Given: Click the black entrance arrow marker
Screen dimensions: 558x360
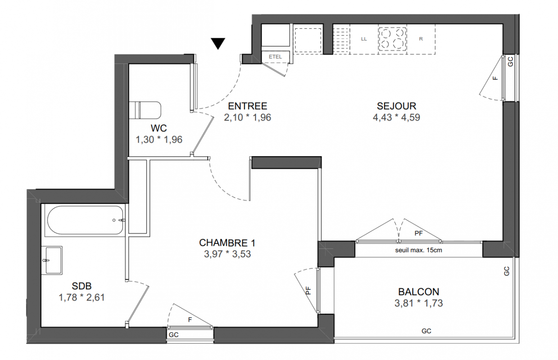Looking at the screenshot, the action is pyautogui.click(x=218, y=43).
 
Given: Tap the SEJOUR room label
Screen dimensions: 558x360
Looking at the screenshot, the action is pyautogui.click(x=396, y=106).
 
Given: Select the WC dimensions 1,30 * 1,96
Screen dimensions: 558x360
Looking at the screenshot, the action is pyautogui.click(x=159, y=139).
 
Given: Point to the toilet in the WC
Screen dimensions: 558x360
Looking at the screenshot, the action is pyautogui.click(x=145, y=110).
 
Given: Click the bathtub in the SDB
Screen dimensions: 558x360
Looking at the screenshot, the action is pyautogui.click(x=85, y=220).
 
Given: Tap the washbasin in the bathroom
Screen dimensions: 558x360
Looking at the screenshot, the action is pyautogui.click(x=52, y=261).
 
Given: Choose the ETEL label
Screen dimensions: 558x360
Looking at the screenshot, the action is pyautogui.click(x=275, y=57).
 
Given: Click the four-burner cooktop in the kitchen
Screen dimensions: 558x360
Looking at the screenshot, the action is pyautogui.click(x=392, y=39).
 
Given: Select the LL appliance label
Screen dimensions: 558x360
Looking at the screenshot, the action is pyautogui.click(x=364, y=39).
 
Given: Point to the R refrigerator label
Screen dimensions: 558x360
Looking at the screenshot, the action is pyautogui.click(x=421, y=39).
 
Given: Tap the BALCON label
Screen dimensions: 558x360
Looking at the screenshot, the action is pyautogui.click(x=419, y=292).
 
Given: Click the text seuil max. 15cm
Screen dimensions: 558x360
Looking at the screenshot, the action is pyautogui.click(x=418, y=250).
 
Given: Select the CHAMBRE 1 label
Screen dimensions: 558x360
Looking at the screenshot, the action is pyautogui.click(x=227, y=243).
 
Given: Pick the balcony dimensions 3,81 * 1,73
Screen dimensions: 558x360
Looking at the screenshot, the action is pyautogui.click(x=419, y=303).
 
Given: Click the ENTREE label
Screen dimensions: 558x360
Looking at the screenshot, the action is pyautogui.click(x=248, y=106).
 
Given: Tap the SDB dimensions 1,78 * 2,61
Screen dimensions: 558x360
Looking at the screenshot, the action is pyautogui.click(x=82, y=297).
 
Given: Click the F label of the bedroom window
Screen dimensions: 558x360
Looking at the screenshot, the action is pyautogui.click(x=190, y=319).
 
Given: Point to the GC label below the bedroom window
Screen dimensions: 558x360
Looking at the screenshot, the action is pyautogui.click(x=174, y=335).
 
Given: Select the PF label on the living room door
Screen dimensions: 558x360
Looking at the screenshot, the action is pyautogui.click(x=419, y=233).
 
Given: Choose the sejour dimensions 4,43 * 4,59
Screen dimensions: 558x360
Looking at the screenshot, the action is pyautogui.click(x=396, y=117).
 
